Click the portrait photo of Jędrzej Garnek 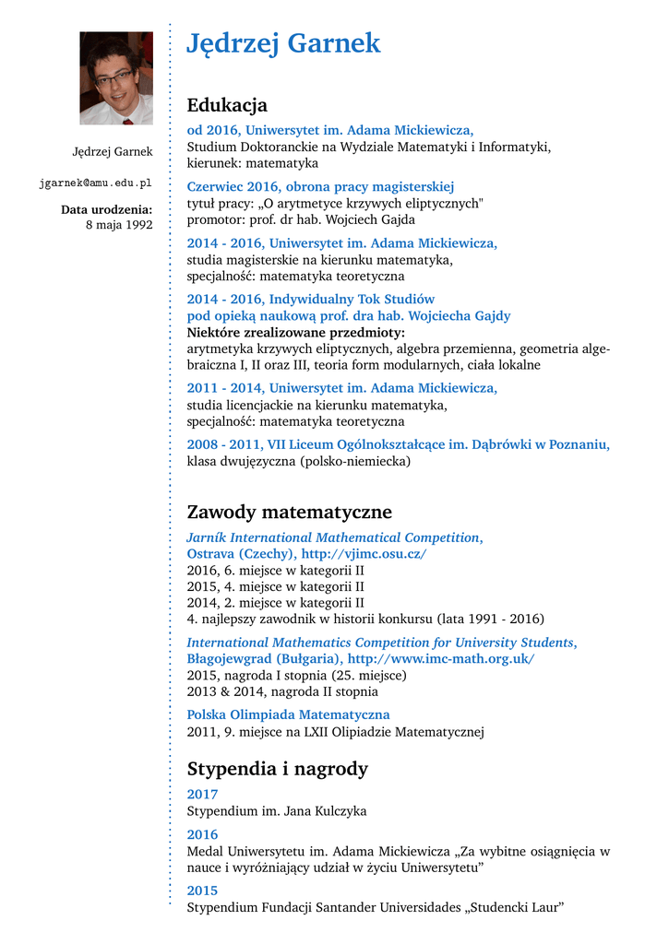pos(116,78)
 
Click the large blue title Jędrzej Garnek pos(283,43)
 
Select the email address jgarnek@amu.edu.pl pos(95,183)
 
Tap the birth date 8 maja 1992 pos(119,225)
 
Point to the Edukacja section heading pos(227,105)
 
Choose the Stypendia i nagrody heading pos(277,769)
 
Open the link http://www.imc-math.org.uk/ pos(441,659)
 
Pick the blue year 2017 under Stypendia pos(202,795)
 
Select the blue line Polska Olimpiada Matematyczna pos(288,714)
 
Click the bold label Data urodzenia pos(106,209)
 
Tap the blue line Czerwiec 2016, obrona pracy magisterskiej pos(320,186)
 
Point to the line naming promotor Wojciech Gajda pos(301,220)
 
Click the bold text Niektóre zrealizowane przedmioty pos(295,332)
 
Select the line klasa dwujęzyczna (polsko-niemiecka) pos(298,461)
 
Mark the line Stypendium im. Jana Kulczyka pos(277,811)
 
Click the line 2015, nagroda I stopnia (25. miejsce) pos(296,675)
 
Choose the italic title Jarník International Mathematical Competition pos(334,537)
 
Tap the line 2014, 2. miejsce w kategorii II pos(275,602)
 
